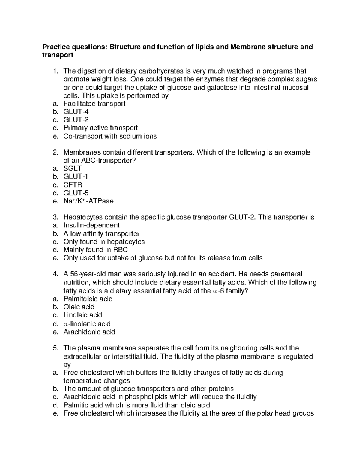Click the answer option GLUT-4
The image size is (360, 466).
76,112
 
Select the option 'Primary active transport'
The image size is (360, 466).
100,128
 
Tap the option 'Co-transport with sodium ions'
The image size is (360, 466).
110,136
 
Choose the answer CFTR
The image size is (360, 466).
73,185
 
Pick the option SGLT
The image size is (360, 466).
72,168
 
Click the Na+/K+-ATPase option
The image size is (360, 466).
88,201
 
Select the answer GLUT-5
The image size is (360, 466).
76,193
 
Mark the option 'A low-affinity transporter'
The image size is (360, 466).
101,233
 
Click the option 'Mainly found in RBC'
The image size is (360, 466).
95,250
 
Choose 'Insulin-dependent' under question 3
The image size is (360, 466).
91,225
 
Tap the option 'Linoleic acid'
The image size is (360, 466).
82,315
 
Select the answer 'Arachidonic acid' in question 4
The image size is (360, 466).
89,332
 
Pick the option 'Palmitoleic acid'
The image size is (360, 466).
88,299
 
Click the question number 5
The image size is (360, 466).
55,348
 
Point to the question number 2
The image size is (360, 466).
55,152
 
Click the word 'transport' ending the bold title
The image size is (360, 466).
58,55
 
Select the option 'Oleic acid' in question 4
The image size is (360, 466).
79,307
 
